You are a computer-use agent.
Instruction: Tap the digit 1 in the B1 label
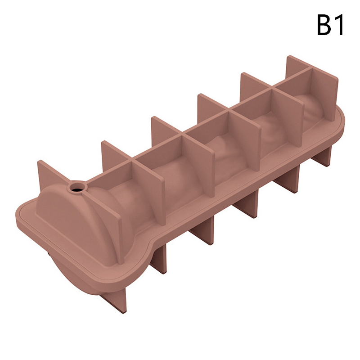click(339, 25)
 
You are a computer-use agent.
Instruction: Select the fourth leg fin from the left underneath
click(246, 208)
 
